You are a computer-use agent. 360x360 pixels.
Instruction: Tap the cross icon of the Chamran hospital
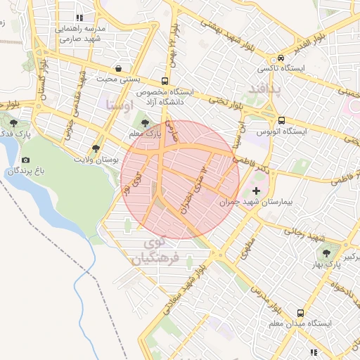tap(256, 191)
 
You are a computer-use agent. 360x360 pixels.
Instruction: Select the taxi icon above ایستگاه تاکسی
tap(281, 58)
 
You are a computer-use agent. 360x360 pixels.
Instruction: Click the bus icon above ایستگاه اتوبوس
tap(281, 120)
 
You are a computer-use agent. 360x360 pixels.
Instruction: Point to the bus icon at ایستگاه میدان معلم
tap(301, 313)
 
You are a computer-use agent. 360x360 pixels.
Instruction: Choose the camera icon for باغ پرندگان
tap(26, 160)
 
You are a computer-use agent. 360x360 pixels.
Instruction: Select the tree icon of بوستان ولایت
tap(96, 148)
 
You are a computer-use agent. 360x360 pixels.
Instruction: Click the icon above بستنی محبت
tap(117, 69)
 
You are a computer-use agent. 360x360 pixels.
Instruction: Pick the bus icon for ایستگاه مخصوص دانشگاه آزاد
tap(165, 81)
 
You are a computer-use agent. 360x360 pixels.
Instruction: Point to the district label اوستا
tap(119, 104)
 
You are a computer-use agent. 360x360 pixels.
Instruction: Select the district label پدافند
tap(264, 89)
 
